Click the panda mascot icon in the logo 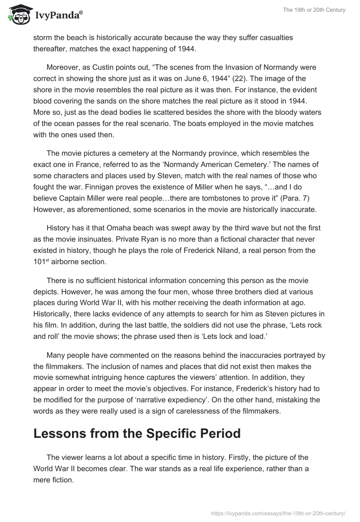[16, 16]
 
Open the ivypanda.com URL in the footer [279, 513]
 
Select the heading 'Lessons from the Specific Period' [137, 433]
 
